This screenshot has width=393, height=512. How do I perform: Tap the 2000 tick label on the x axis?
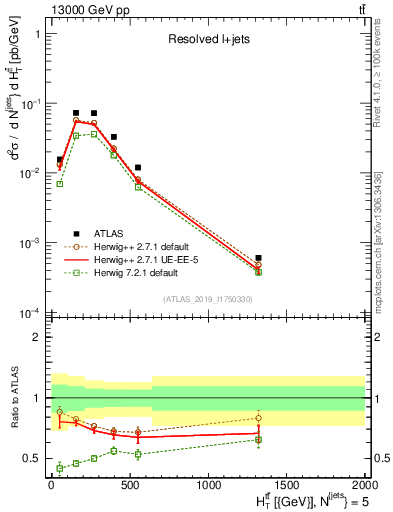(x=365, y=484)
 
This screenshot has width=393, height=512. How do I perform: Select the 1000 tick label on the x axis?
(x=207, y=484)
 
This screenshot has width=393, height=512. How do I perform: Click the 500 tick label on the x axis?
(x=129, y=484)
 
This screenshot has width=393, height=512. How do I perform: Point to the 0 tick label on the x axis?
(x=51, y=484)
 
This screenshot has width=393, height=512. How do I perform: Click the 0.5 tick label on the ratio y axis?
(x=30, y=458)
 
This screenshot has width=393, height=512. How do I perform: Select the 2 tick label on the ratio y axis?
(x=36, y=337)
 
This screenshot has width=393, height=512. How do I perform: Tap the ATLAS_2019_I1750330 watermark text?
(x=207, y=299)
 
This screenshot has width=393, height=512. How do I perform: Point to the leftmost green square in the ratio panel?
(x=59, y=467)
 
